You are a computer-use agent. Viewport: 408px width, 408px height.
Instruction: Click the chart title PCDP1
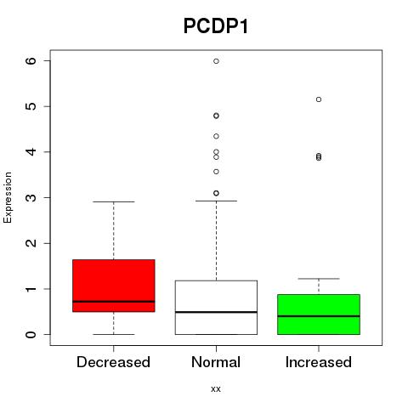tap(216, 26)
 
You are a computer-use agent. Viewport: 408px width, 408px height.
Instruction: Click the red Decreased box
tap(114, 286)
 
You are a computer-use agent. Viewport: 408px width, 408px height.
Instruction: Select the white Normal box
tap(216, 308)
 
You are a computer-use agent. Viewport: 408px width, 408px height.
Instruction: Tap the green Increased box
tap(319, 314)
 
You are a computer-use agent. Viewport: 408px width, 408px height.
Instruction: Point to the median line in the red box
tap(114, 302)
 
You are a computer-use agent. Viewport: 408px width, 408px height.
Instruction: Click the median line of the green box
tap(319, 316)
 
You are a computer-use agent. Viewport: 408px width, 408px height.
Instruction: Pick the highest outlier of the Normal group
tap(216, 61)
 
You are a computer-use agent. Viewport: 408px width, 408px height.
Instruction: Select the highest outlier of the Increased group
tap(319, 99)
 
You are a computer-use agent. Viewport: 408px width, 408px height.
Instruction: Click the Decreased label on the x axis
tap(113, 362)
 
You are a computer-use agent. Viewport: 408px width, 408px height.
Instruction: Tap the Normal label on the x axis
tap(216, 362)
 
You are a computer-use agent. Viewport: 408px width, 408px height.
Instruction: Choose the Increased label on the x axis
tap(319, 362)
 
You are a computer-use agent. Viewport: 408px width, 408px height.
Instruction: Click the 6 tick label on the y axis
tap(31, 61)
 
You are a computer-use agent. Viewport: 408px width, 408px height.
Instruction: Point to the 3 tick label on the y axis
tap(31, 197)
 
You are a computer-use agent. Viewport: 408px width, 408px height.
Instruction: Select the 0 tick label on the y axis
tap(31, 335)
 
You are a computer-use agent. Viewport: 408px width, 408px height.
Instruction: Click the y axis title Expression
tap(8, 197)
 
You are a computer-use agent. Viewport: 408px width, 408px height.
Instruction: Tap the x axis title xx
tap(216, 388)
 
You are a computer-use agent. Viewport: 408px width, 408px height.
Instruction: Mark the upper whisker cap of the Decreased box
tap(114, 201)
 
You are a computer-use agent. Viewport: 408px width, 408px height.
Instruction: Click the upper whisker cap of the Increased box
tap(319, 279)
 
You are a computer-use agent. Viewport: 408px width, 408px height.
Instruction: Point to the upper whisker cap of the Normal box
tap(216, 201)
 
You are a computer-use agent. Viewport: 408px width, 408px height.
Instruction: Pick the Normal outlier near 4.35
tap(216, 136)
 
